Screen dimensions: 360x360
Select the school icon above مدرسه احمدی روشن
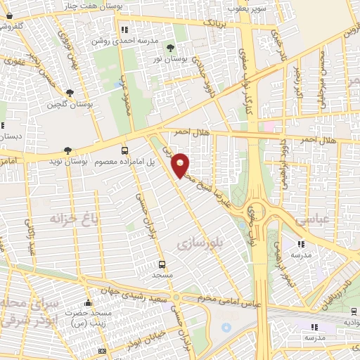[124, 30]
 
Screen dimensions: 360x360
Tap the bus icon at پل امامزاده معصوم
[124, 150]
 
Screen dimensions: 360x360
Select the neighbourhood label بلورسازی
[199, 244]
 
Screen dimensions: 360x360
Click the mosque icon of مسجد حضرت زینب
[88, 302]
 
